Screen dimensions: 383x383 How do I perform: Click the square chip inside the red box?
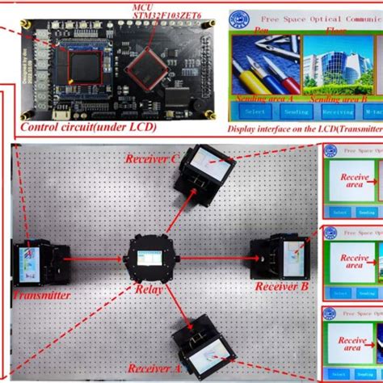pos(85,65)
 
